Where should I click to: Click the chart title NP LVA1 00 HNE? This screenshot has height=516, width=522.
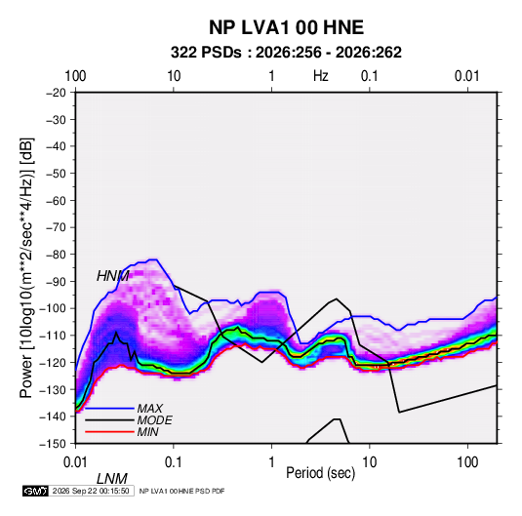point(286,27)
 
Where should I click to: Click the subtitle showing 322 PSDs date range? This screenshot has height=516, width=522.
point(286,53)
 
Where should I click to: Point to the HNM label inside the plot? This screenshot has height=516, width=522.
point(113,276)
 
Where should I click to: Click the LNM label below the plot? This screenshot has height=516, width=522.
point(112,479)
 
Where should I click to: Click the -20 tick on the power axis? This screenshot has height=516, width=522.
point(56,93)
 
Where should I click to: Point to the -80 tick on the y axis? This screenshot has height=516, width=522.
point(56,255)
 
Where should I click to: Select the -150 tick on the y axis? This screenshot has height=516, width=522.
point(54,444)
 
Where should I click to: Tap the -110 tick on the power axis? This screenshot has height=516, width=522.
point(54,336)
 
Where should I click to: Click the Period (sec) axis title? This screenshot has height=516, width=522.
point(321,473)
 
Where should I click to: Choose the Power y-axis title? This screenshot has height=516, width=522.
point(26,268)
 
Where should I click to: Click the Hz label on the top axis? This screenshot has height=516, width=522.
point(321,76)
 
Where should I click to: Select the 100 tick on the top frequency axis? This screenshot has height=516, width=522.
point(75,76)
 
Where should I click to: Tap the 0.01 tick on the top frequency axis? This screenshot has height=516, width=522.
point(467,76)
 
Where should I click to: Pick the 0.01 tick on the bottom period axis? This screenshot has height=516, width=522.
point(76,462)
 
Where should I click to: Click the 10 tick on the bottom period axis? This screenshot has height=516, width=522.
point(369,462)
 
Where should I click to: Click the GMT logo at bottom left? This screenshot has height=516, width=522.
point(36,491)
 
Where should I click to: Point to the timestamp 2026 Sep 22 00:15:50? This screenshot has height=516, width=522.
point(91,491)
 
